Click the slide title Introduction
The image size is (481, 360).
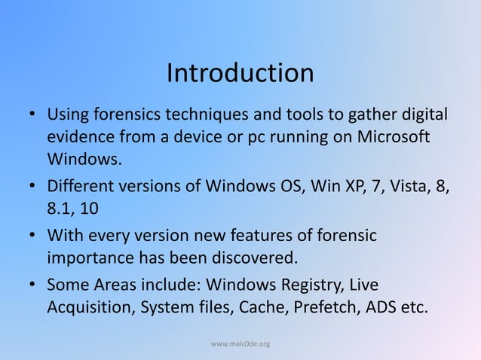point(240,74)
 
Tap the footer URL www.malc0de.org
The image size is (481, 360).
point(240,344)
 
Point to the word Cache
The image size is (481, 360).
point(262,307)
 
